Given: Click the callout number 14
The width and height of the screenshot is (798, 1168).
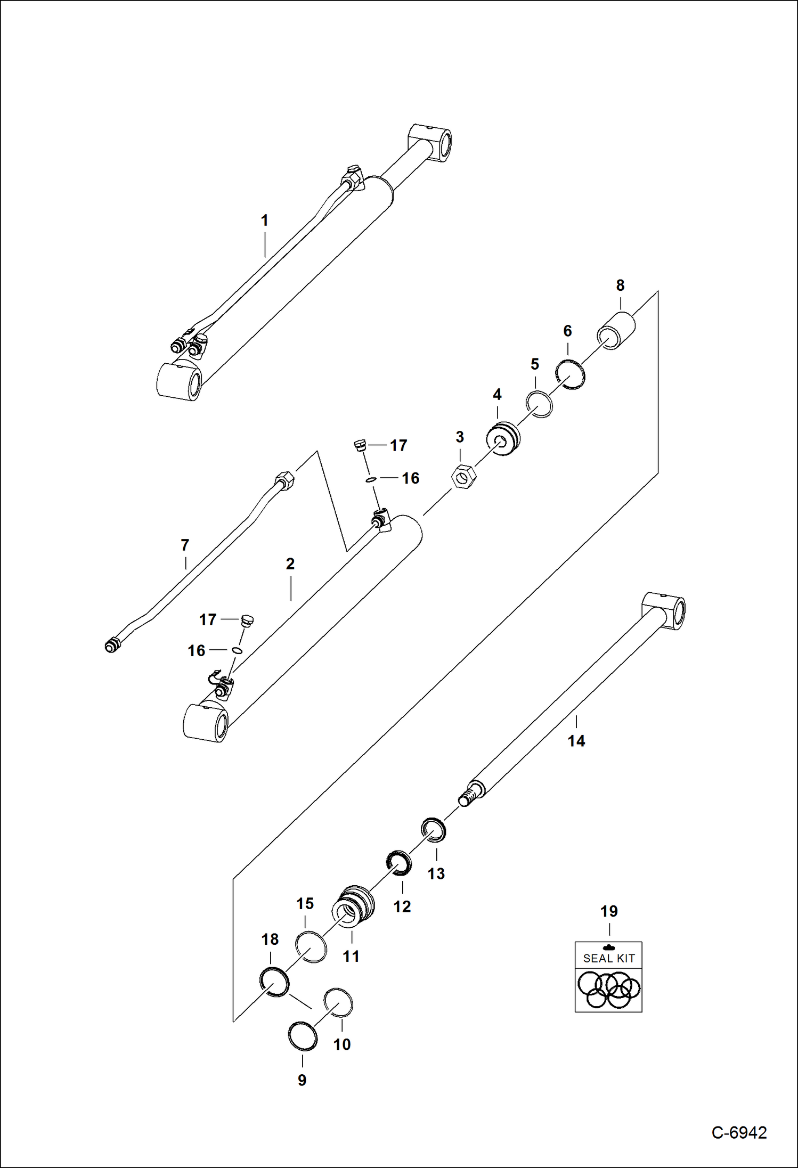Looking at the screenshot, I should click(576, 741).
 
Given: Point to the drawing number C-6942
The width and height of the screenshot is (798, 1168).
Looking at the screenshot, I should click(739, 1133).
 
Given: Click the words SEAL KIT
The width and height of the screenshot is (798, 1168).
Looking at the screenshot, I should click(609, 958).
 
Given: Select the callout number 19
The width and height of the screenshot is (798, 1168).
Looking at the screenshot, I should click(609, 911).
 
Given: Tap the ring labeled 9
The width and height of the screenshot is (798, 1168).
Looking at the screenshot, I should click(303, 1036).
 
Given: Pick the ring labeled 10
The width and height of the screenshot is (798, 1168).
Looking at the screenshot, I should click(338, 1002).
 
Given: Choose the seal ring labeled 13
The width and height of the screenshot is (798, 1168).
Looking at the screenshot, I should click(434, 830).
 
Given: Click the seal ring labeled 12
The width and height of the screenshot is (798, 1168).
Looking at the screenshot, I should click(398, 863).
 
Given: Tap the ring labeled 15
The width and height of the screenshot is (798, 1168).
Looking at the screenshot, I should click(311, 947).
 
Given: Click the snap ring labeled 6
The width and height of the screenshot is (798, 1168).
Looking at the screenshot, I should click(570, 374).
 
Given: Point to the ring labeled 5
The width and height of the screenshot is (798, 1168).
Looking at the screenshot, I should click(539, 404).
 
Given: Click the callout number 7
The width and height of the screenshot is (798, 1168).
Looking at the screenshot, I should click(185, 545).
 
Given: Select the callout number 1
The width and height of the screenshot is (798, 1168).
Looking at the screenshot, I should click(264, 220).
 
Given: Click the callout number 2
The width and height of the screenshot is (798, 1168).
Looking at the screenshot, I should click(290, 563).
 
